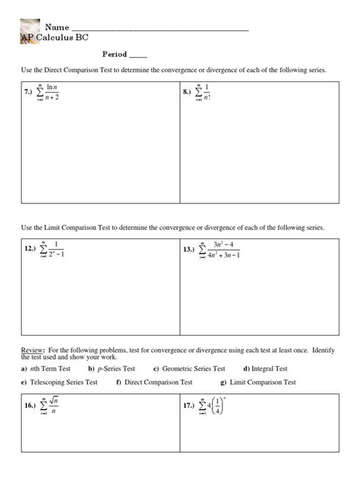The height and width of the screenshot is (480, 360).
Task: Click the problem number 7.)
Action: [29, 93]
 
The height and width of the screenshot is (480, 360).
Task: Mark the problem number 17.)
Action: [190, 406]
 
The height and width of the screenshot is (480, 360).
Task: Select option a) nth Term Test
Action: [49, 368]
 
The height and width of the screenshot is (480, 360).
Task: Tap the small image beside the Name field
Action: [30, 27]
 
